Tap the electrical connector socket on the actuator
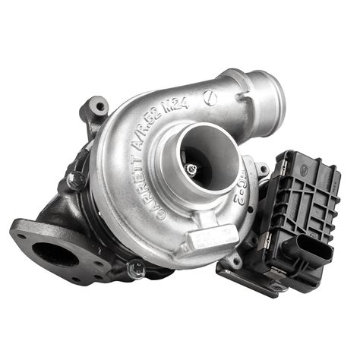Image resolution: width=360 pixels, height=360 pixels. [313, 251]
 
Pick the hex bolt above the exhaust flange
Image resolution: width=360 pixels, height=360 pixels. [75, 181]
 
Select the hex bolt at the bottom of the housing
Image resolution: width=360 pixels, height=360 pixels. [137, 267]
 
